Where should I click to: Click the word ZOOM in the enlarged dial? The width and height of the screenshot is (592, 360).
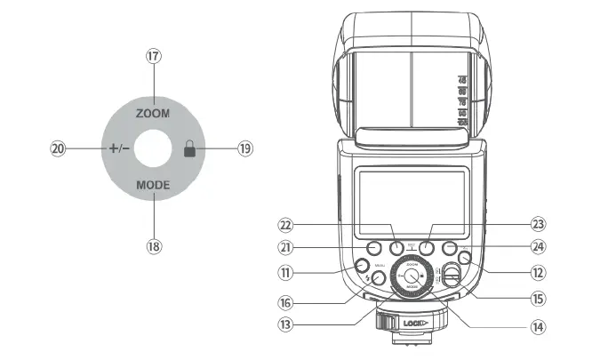pyautogui.click(x=153, y=115)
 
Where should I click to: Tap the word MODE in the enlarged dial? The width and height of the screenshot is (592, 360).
pyautogui.click(x=153, y=186)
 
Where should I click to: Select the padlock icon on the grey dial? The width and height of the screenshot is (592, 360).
pyautogui.click(x=188, y=150)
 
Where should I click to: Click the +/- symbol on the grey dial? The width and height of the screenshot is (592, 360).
pyautogui.click(x=119, y=150)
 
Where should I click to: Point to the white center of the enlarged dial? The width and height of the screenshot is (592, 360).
pyautogui.click(x=153, y=150)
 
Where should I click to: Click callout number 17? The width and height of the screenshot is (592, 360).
pyautogui.click(x=153, y=56)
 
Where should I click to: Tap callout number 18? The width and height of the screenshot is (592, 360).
pyautogui.click(x=153, y=246)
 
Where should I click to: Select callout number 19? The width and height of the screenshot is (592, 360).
pyautogui.click(x=245, y=150)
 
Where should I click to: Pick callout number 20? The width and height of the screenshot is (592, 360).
pyautogui.click(x=59, y=150)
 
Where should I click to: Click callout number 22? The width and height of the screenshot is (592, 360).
pyautogui.click(x=286, y=226)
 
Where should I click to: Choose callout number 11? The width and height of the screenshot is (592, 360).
pyautogui.click(x=286, y=275)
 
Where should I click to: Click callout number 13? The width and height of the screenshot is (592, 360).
pyautogui.click(x=286, y=325)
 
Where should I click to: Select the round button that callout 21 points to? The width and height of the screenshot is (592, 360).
pyautogui.click(x=374, y=248)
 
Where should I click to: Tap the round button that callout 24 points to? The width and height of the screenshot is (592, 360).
pyautogui.click(x=448, y=248)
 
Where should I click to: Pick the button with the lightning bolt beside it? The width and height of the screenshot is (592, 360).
pyautogui.click(x=379, y=278)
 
